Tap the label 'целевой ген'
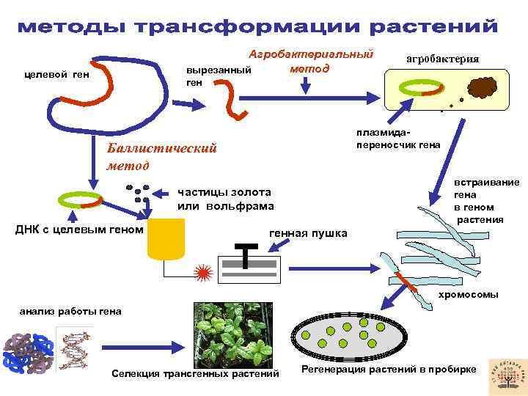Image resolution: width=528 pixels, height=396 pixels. coord(52,74)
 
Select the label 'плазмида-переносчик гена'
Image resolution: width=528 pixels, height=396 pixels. coord(398,138)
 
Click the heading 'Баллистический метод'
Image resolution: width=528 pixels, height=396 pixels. coord(161,156)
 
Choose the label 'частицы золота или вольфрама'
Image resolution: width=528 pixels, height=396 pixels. coord(226,199)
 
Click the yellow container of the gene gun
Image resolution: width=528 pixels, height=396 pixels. coord(166,240)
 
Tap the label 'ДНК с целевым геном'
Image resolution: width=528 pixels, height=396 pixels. coord(79,230)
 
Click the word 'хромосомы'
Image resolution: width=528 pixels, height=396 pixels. coord(468,294)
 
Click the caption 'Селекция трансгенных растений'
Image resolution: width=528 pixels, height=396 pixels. coord(195,375)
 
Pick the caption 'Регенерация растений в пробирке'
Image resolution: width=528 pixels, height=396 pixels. coord(388,369)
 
